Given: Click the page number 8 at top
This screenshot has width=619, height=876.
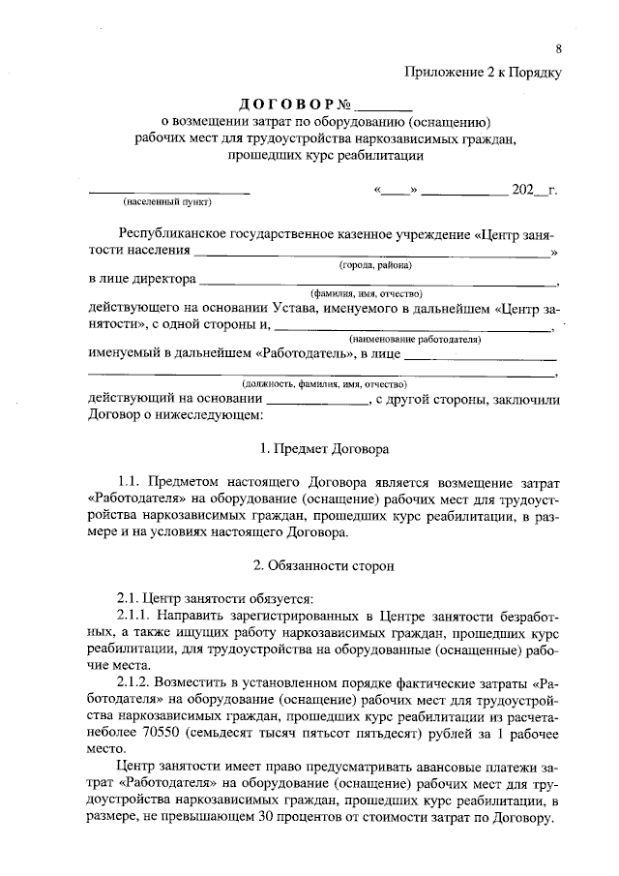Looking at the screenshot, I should pos(558,48).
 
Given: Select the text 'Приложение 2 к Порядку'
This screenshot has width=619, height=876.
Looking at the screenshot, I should pos(482,72).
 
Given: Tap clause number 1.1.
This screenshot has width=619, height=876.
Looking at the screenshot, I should pos(128,480).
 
